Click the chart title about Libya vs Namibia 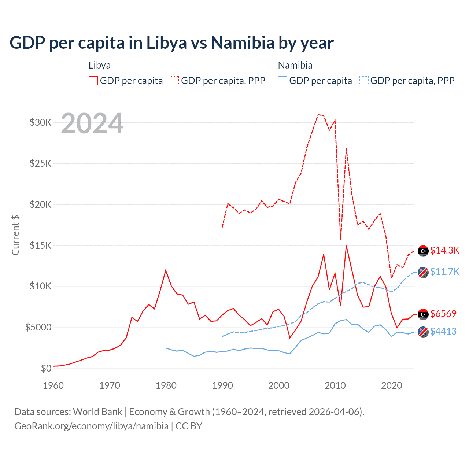tap(171, 43)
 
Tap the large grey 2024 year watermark tap(92, 123)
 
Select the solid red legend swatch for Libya tap(93, 81)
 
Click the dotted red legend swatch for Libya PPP tap(174, 81)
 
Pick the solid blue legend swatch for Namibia tap(282, 81)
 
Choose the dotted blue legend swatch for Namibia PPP tap(364, 81)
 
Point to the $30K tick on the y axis tap(41, 122)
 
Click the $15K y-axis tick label tap(41, 245)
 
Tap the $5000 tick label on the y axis tap(38, 327)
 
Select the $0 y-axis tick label tap(46, 368)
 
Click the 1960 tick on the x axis tap(53, 385)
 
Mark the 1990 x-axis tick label tap(222, 385)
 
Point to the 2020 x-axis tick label tap(392, 385)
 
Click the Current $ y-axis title tap(15, 235)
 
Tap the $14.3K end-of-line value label tap(444, 250)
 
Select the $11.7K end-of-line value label tap(444, 272)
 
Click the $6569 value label tap(443, 314)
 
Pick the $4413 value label tap(443, 331)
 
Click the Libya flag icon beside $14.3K tap(423, 251)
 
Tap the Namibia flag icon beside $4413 tap(423, 332)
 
